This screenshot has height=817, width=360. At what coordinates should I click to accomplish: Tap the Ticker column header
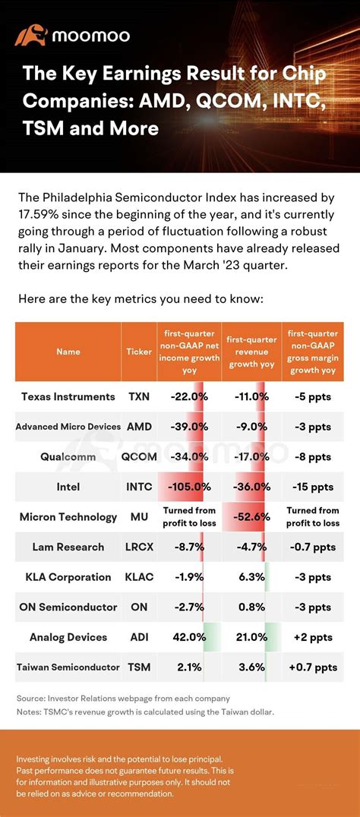139,352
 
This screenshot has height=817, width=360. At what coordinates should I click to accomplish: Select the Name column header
68,352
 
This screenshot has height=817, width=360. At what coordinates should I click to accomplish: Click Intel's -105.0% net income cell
189,487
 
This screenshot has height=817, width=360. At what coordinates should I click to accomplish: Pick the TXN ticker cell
139,396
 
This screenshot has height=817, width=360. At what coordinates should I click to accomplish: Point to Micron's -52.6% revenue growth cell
251,517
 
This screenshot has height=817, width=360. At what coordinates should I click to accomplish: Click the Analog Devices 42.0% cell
189,637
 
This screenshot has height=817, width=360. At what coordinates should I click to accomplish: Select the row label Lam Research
68,547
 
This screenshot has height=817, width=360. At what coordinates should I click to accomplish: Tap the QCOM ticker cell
139,457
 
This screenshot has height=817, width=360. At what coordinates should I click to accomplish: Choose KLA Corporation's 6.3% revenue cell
251,577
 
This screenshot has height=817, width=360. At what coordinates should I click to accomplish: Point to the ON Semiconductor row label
68,607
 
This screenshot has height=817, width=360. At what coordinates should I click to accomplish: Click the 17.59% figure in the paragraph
36,215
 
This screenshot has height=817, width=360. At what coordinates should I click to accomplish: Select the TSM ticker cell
139,667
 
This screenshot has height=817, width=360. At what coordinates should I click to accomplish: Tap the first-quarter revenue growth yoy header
251,352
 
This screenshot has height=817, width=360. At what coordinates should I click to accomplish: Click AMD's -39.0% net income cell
189,427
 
